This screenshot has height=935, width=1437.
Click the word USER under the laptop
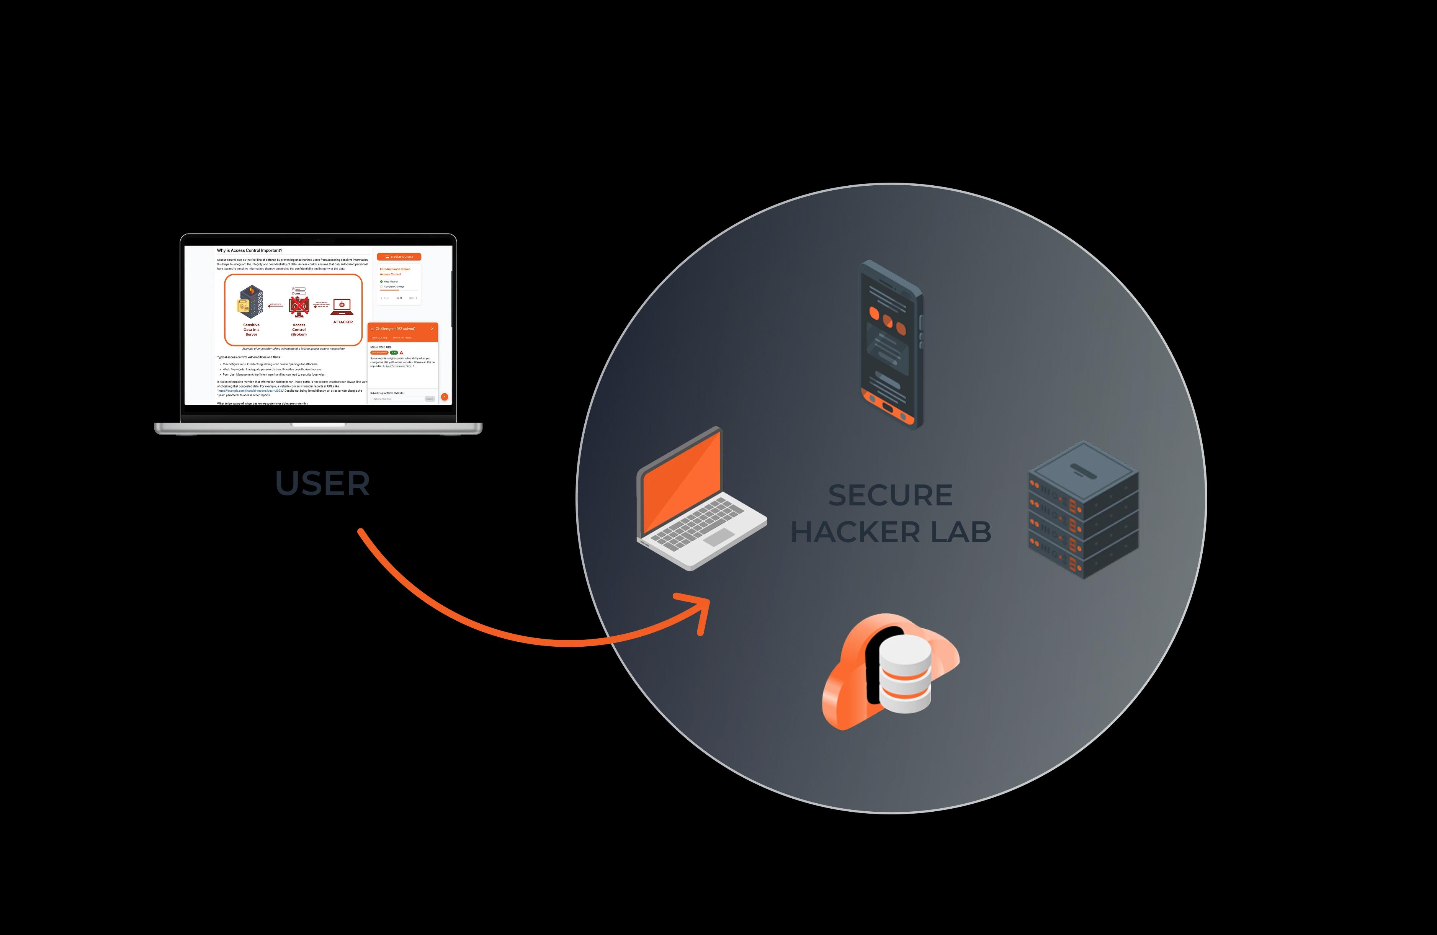[322, 484]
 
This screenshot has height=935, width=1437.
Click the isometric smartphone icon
[891, 344]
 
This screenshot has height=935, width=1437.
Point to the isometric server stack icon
[1083, 510]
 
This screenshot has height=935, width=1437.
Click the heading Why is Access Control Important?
[249, 250]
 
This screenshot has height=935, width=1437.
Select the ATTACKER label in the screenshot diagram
[343, 322]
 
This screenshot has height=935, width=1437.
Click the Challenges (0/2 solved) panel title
[396, 329]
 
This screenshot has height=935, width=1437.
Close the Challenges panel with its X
[432, 329]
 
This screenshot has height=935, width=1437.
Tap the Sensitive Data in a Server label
[251, 330]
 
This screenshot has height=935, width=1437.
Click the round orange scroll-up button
[445, 397]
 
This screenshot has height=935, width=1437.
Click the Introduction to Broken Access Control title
[395, 271]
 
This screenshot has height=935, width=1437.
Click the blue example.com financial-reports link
[250, 391]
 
